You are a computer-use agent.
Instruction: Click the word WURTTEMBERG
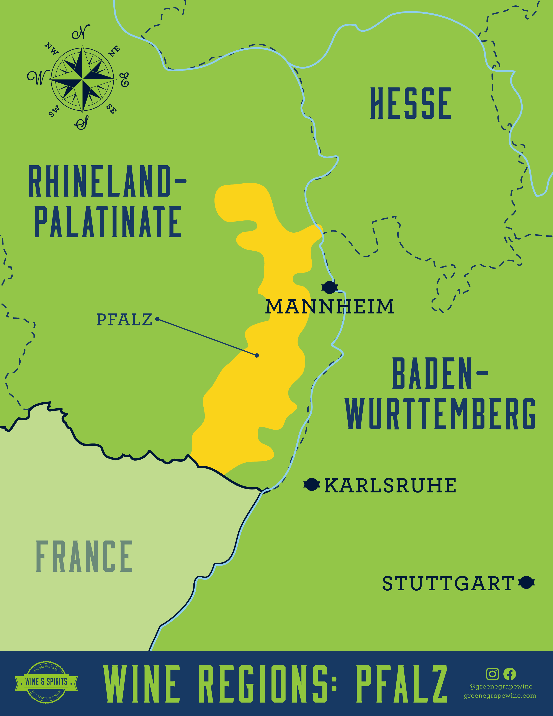[440, 414]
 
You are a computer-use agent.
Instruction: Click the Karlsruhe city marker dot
[312, 484]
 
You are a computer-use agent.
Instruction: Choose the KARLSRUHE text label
[390, 486]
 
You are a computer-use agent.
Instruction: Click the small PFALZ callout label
[124, 320]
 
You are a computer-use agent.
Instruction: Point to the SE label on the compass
[111, 109]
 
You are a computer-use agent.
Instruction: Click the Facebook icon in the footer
[509, 674]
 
